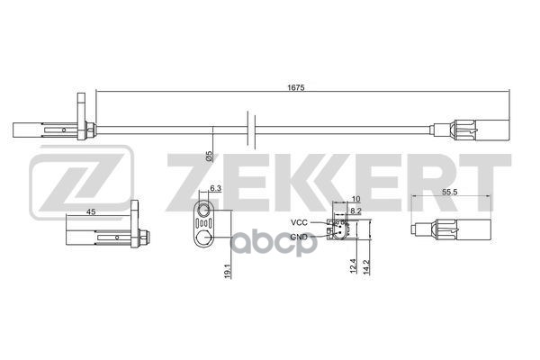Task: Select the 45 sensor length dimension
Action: click(90, 211)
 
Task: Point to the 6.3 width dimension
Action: click(215, 188)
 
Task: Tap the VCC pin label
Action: click(299, 221)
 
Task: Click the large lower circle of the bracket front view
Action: click(206, 238)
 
